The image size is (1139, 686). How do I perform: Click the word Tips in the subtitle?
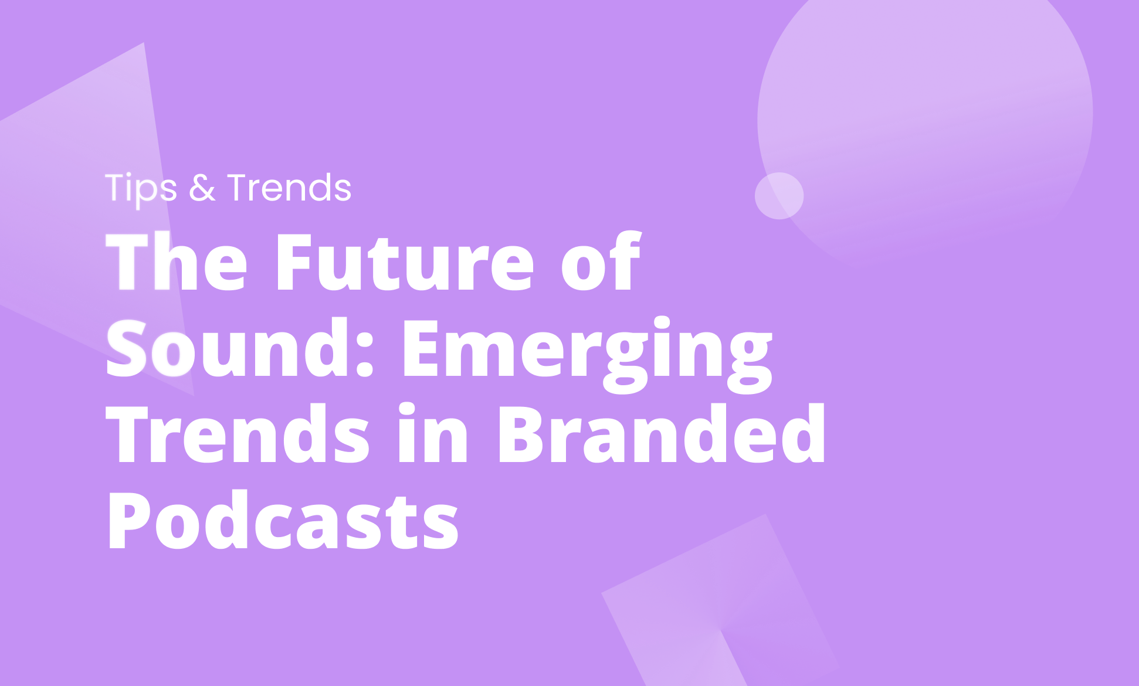click(x=141, y=188)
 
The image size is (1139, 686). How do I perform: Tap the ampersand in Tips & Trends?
click(x=202, y=188)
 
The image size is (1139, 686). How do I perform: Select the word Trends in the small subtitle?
click(x=289, y=188)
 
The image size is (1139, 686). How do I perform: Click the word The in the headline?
click(x=177, y=262)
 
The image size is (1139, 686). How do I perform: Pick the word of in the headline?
click(x=601, y=262)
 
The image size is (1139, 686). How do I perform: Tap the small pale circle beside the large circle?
click(x=779, y=196)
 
